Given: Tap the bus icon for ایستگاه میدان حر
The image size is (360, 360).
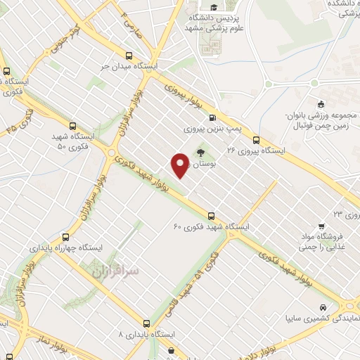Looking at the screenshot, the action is coord(129,56).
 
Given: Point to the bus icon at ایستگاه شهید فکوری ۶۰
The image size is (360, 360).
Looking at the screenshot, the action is coord(211,216).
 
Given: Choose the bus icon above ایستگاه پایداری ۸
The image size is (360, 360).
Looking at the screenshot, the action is coord(146,323).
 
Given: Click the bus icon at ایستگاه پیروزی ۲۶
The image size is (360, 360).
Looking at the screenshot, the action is coord(256,139).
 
